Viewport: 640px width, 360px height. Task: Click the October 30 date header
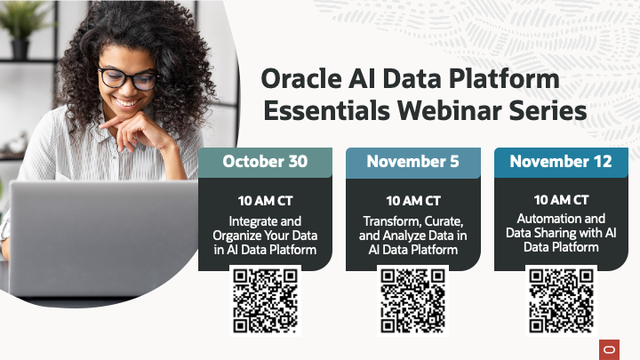(265, 162)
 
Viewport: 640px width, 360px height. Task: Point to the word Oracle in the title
(300, 79)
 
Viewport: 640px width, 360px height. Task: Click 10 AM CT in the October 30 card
(265, 201)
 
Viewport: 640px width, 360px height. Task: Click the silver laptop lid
(98, 236)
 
